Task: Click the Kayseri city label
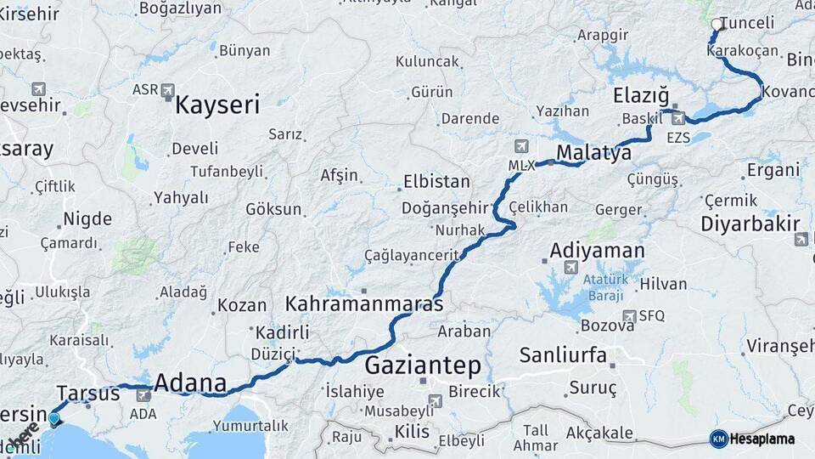pos(217,105)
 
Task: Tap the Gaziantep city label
pos(423,366)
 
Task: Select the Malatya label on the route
pos(593,153)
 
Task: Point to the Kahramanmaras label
pos(364,303)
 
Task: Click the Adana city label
pos(190,383)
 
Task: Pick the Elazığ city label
pos(641,95)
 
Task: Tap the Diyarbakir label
pos(750,224)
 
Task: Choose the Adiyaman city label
pos(597,251)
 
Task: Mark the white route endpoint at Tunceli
pos(718,25)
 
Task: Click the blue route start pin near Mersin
pos(55,418)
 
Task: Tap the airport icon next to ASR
pos(168,89)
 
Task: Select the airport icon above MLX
pos(520,146)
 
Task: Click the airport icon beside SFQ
pos(629,316)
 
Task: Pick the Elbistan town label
pos(436,181)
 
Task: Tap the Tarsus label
pos(88,393)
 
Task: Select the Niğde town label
pos(87,218)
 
